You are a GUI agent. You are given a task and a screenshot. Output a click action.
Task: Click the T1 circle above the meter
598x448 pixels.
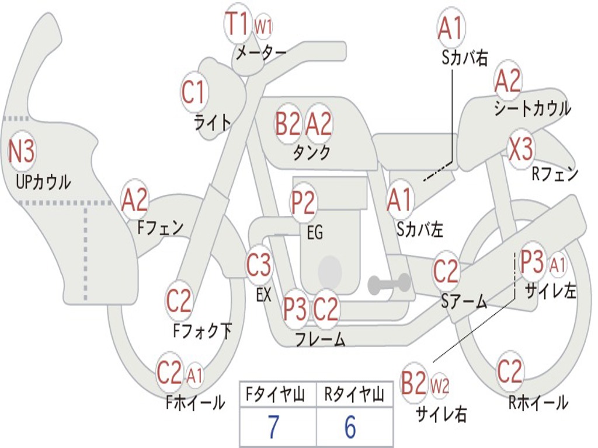coord(238,23)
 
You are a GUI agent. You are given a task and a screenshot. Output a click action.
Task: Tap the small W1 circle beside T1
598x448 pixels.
coord(263,27)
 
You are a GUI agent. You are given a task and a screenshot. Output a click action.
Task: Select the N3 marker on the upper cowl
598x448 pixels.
coord(22,152)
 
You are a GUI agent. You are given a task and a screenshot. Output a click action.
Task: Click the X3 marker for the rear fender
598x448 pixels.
coord(521,149)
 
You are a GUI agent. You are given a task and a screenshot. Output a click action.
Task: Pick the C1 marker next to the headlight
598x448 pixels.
coord(194,92)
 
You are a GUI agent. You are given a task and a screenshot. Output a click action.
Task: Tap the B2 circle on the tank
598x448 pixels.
coord(288,124)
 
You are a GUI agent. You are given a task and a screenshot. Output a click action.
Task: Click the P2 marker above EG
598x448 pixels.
coord(304,202)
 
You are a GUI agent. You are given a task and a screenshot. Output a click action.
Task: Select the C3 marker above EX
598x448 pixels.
coord(259,265)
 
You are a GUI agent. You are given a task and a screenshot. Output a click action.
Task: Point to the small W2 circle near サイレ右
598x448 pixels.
coord(439,387)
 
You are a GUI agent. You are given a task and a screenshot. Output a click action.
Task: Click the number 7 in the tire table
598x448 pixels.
coord(273,427)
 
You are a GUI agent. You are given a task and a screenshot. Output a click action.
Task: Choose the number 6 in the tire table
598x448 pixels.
coord(350,427)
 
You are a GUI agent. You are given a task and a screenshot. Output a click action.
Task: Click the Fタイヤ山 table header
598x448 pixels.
coord(276,395)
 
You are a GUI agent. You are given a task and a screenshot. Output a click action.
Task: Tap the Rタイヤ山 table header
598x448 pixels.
coord(354,395)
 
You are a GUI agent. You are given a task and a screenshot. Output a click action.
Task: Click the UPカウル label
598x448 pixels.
coord(43,183)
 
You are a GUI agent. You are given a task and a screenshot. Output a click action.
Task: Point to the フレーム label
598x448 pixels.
coord(321,339)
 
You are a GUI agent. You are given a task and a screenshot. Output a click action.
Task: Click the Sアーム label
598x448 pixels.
coord(464,302)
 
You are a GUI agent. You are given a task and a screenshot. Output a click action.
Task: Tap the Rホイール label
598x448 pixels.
coord(538,402)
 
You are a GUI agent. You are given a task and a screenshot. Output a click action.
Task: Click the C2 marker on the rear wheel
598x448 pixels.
coord(510,372)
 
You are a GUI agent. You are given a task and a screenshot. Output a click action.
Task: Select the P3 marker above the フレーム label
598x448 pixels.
coord(295,309)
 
